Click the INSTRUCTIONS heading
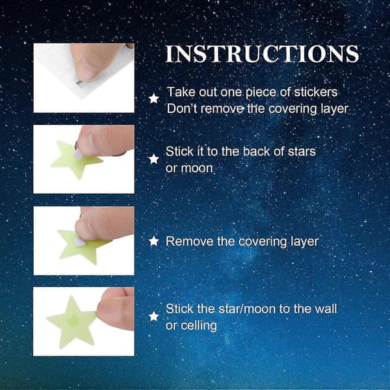pos(262,54)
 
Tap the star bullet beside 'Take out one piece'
pos(154,99)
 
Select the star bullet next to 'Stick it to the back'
pos(154,159)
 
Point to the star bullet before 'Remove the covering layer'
pos(154,241)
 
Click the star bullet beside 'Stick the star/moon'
pos(154,317)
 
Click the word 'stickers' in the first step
pos(316,92)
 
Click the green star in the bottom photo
pos(71,322)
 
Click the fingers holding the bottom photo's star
pos(116,308)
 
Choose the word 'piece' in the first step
pos(261,92)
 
